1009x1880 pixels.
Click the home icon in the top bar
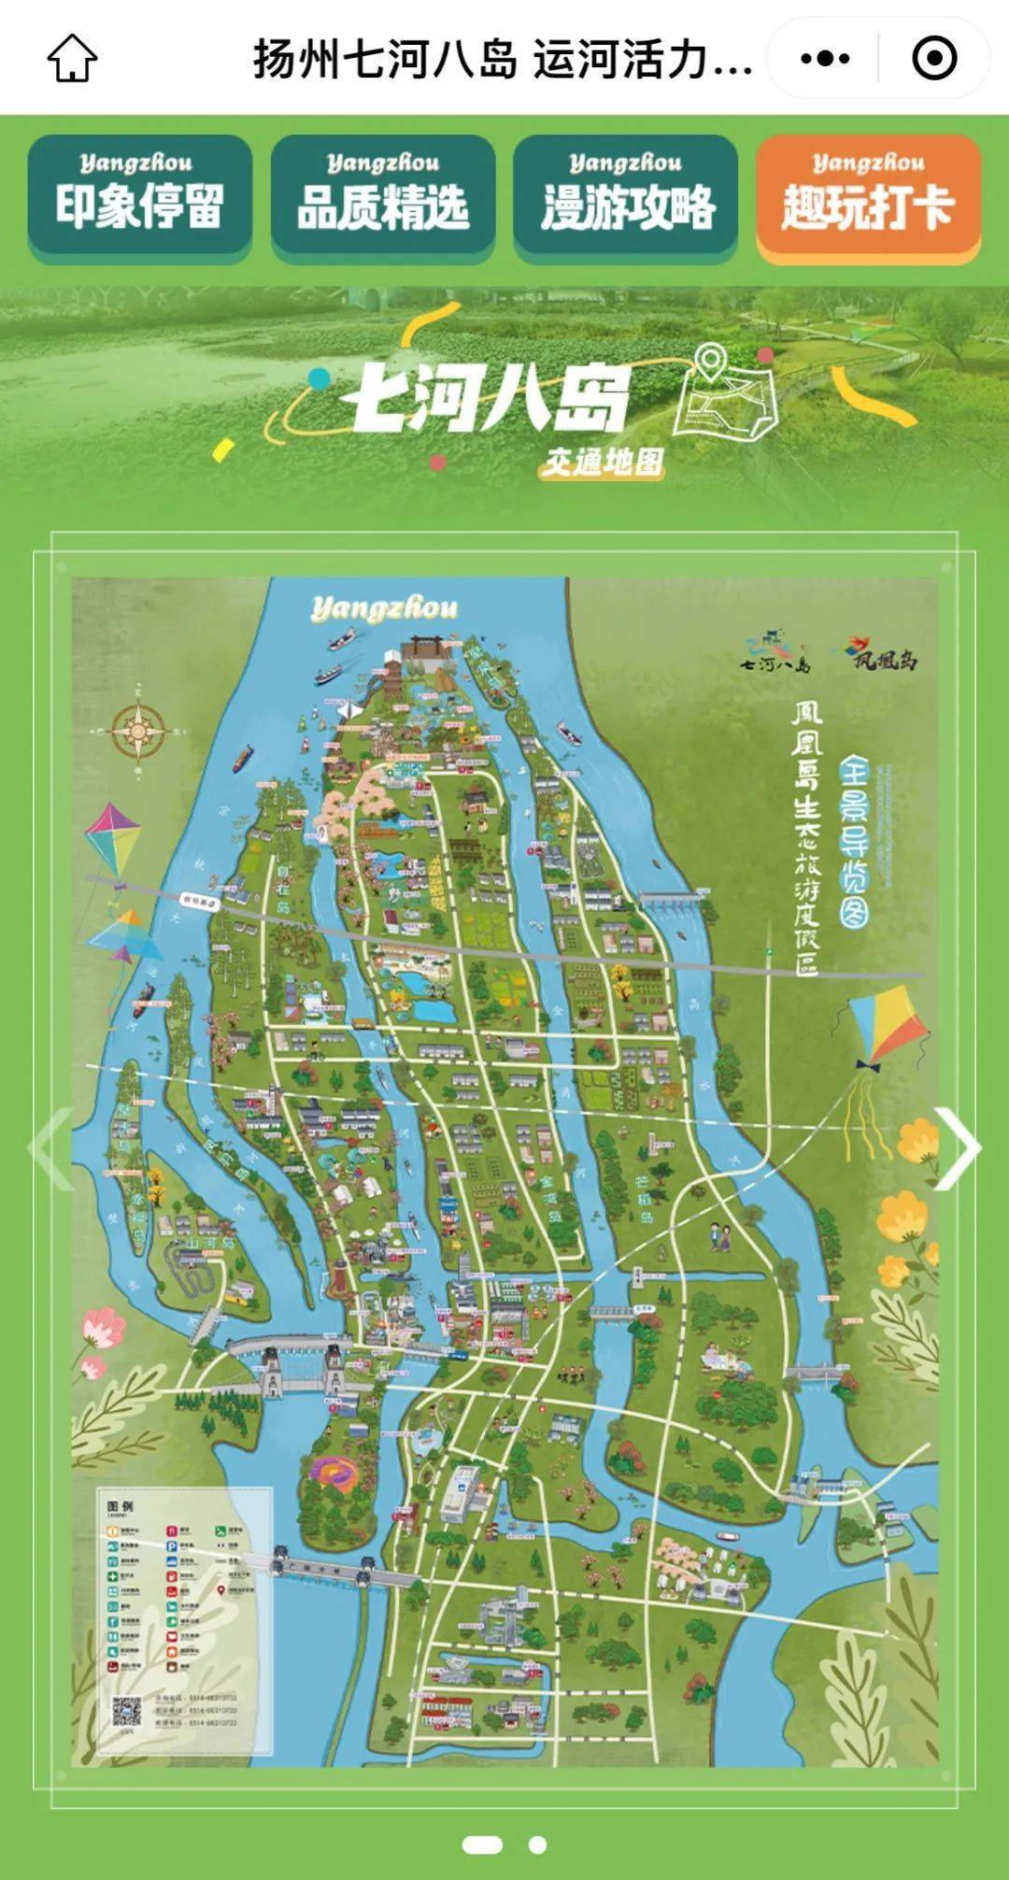[72, 58]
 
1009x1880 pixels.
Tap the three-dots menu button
[825, 58]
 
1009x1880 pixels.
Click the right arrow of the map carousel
[958, 1147]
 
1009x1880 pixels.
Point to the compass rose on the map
[138, 731]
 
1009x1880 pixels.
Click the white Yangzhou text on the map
[384, 608]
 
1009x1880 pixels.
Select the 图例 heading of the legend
[121, 1507]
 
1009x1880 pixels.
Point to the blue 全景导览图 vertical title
[855, 841]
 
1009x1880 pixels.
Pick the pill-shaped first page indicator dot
[482, 1844]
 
